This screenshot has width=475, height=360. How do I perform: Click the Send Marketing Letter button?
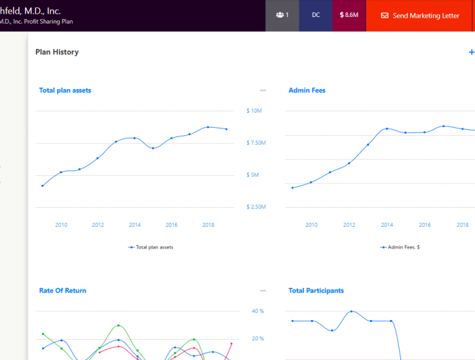420,16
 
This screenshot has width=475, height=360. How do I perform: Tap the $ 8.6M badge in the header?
349,15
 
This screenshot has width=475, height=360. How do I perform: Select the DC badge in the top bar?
316,15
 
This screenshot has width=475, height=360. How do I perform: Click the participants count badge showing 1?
282,15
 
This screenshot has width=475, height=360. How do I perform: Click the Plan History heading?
57,52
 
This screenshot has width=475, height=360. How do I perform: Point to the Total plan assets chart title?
65,90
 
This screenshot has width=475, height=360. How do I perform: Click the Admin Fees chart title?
307,90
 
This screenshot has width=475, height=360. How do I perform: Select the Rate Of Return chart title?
62,291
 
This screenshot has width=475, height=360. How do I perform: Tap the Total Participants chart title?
316,291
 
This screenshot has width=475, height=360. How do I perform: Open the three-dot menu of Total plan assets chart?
263,90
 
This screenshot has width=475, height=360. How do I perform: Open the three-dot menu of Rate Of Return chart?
263,291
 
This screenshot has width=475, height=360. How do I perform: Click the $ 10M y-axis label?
254,111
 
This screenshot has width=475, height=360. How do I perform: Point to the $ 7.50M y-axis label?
256,143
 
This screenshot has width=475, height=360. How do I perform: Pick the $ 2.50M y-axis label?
256,207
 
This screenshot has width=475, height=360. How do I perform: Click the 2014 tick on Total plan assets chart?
134,225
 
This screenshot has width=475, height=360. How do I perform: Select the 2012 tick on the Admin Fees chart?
349,225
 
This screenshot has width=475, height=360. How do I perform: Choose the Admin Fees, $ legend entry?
400,247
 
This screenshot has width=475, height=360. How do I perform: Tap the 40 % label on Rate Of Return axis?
258,311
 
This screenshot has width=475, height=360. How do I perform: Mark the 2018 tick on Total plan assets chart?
208,225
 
